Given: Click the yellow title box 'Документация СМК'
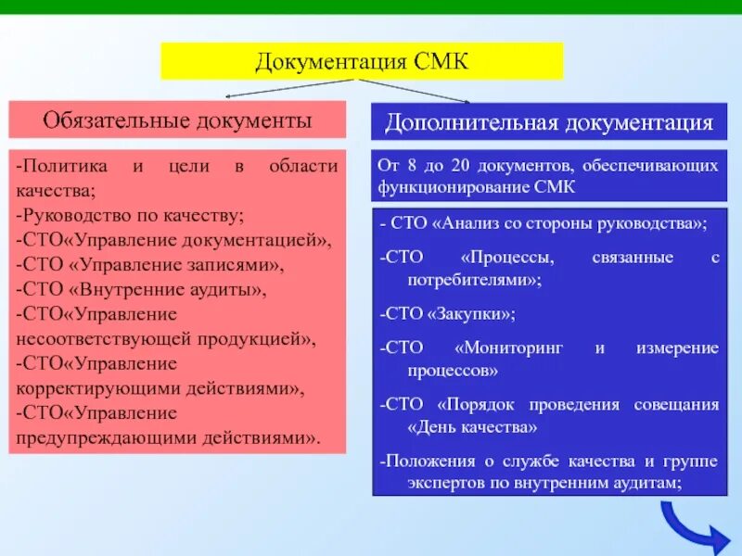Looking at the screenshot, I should click(x=363, y=61).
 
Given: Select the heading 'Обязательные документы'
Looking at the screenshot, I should click(x=177, y=120).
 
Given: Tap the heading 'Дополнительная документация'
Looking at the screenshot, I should click(x=549, y=122).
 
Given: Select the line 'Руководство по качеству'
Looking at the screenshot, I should click(x=130, y=216).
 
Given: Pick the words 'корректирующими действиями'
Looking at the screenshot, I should click(x=167, y=388).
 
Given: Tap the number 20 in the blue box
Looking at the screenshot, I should click(x=461, y=166).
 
